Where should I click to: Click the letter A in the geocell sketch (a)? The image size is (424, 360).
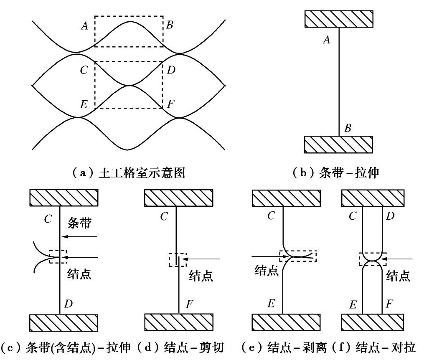coord(85,26)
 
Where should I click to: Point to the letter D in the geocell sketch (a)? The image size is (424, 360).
coord(171,70)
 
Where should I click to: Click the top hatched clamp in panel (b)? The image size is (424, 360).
coord(339,19)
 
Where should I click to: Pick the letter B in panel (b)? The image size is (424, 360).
coord(348,128)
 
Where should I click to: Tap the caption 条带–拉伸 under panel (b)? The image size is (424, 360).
coord(339,172)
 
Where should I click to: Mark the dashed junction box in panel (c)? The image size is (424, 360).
coord(57,256)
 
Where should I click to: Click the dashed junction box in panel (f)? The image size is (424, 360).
coord(373,259)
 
